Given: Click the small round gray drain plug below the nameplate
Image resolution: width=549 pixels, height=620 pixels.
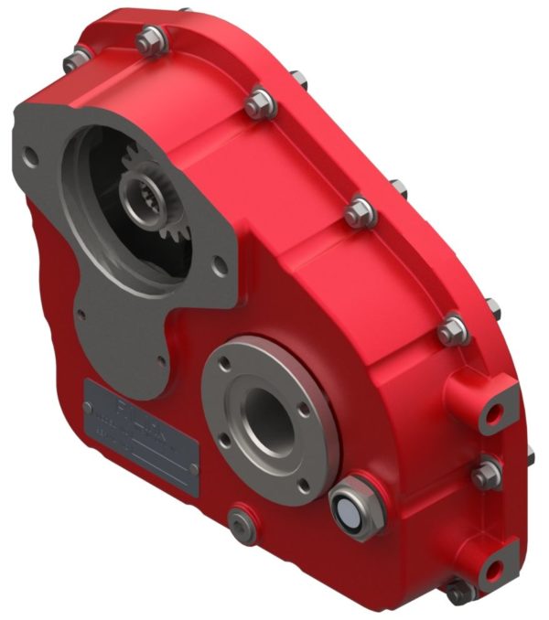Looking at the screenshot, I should pyautogui.click(x=242, y=523).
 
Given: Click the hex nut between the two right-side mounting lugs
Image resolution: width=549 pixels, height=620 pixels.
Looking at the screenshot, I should pyautogui.click(x=485, y=474).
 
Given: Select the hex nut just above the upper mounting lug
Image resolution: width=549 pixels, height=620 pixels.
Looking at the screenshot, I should pyautogui.click(x=449, y=330).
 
